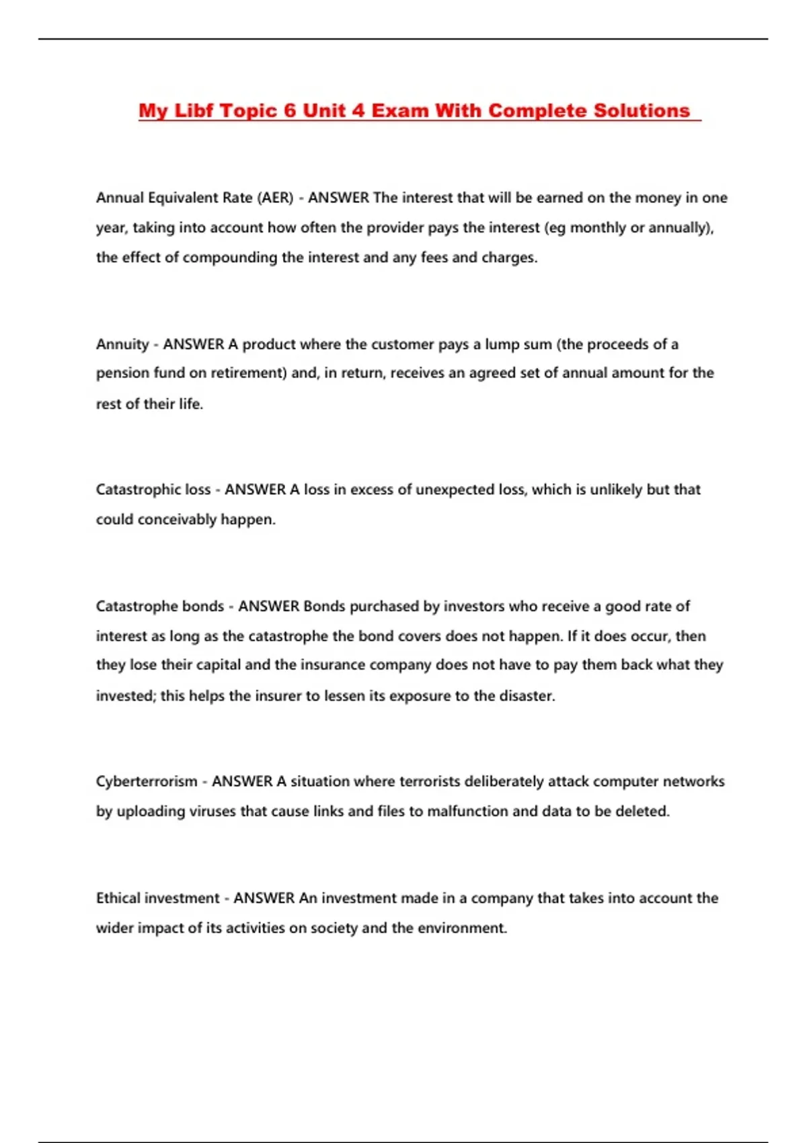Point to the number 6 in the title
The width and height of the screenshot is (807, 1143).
tap(290, 111)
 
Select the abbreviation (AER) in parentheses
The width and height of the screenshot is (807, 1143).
tap(276, 198)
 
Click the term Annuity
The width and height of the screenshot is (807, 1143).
tap(122, 344)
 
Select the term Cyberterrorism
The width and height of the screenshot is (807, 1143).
tap(147, 781)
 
